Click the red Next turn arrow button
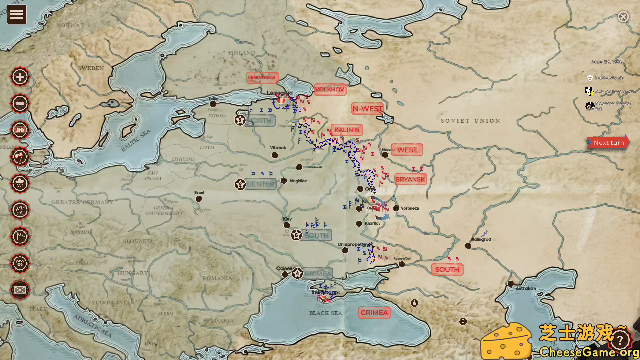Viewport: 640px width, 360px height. [608, 143]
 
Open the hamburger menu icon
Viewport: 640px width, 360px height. [17, 14]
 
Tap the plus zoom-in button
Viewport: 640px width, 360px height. [20, 77]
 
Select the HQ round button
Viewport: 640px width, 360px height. [20, 130]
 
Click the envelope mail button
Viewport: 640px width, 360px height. [20, 290]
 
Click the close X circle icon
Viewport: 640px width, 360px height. [623, 17]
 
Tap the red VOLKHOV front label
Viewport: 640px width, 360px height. [330, 89]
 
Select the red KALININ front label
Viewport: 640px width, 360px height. [347, 130]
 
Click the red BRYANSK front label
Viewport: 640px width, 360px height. [410, 179]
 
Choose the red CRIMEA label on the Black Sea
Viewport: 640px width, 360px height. [374, 313]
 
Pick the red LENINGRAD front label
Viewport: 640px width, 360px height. [262, 77]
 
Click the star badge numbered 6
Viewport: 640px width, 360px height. [296, 235]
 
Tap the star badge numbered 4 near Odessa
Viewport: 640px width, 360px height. [297, 274]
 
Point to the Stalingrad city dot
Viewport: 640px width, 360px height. [468, 246]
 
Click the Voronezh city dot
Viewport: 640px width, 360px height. [396, 208]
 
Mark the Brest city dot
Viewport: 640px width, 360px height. [199, 199]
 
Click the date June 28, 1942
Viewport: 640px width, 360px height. [606, 62]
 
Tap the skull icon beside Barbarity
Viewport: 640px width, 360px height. [590, 78]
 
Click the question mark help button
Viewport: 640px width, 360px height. [620, 340]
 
